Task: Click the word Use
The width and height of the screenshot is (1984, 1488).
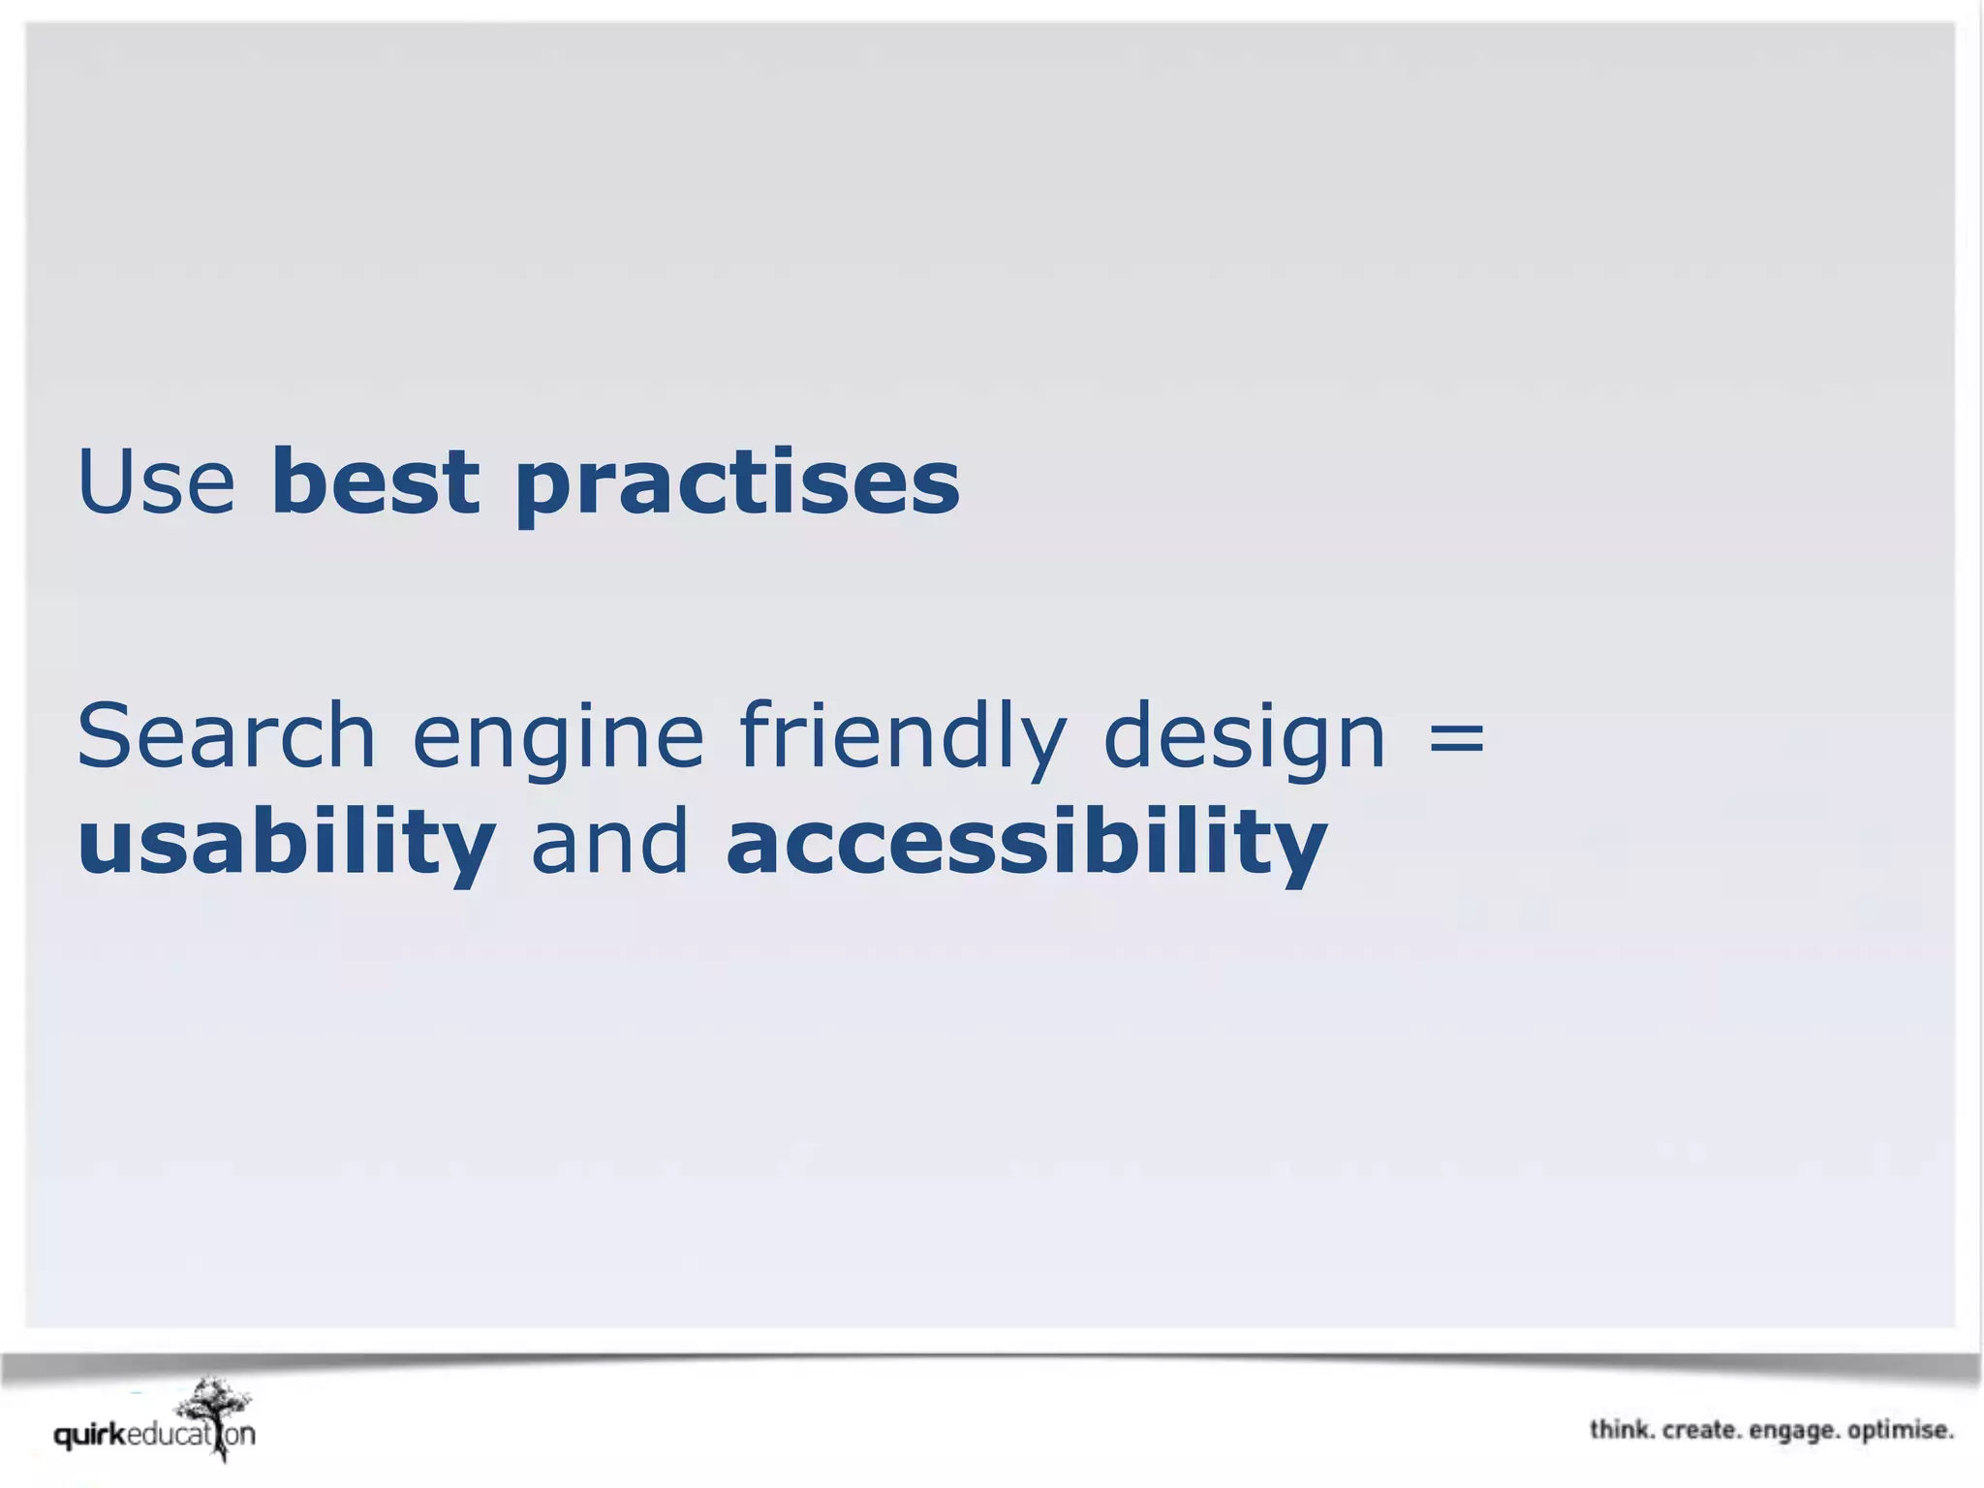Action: (x=156, y=481)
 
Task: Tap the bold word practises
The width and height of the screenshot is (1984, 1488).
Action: (x=736, y=484)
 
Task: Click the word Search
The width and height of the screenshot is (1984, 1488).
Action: (x=226, y=735)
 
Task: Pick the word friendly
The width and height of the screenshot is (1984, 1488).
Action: (x=903, y=738)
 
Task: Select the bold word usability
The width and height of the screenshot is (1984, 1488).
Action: (x=286, y=843)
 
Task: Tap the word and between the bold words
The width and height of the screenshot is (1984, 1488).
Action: (x=609, y=841)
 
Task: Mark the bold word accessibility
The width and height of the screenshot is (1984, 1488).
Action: (x=1026, y=843)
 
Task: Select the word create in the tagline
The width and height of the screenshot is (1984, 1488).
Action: (x=1701, y=1430)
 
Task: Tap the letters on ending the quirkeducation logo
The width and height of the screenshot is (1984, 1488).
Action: (x=241, y=1435)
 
